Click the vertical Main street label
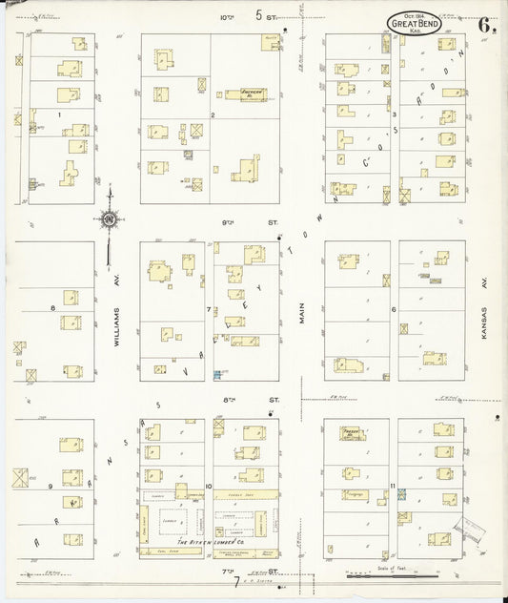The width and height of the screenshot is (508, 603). [301, 311]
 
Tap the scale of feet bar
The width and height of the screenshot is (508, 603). [371, 575]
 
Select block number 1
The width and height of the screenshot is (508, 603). [59, 115]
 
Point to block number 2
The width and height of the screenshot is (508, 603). [213, 115]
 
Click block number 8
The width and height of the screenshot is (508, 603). [52, 307]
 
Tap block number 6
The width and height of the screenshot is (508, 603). [393, 309]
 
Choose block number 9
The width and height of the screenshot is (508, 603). [50, 487]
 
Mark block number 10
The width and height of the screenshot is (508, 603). [208, 487]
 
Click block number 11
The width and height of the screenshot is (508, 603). [393, 487]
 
